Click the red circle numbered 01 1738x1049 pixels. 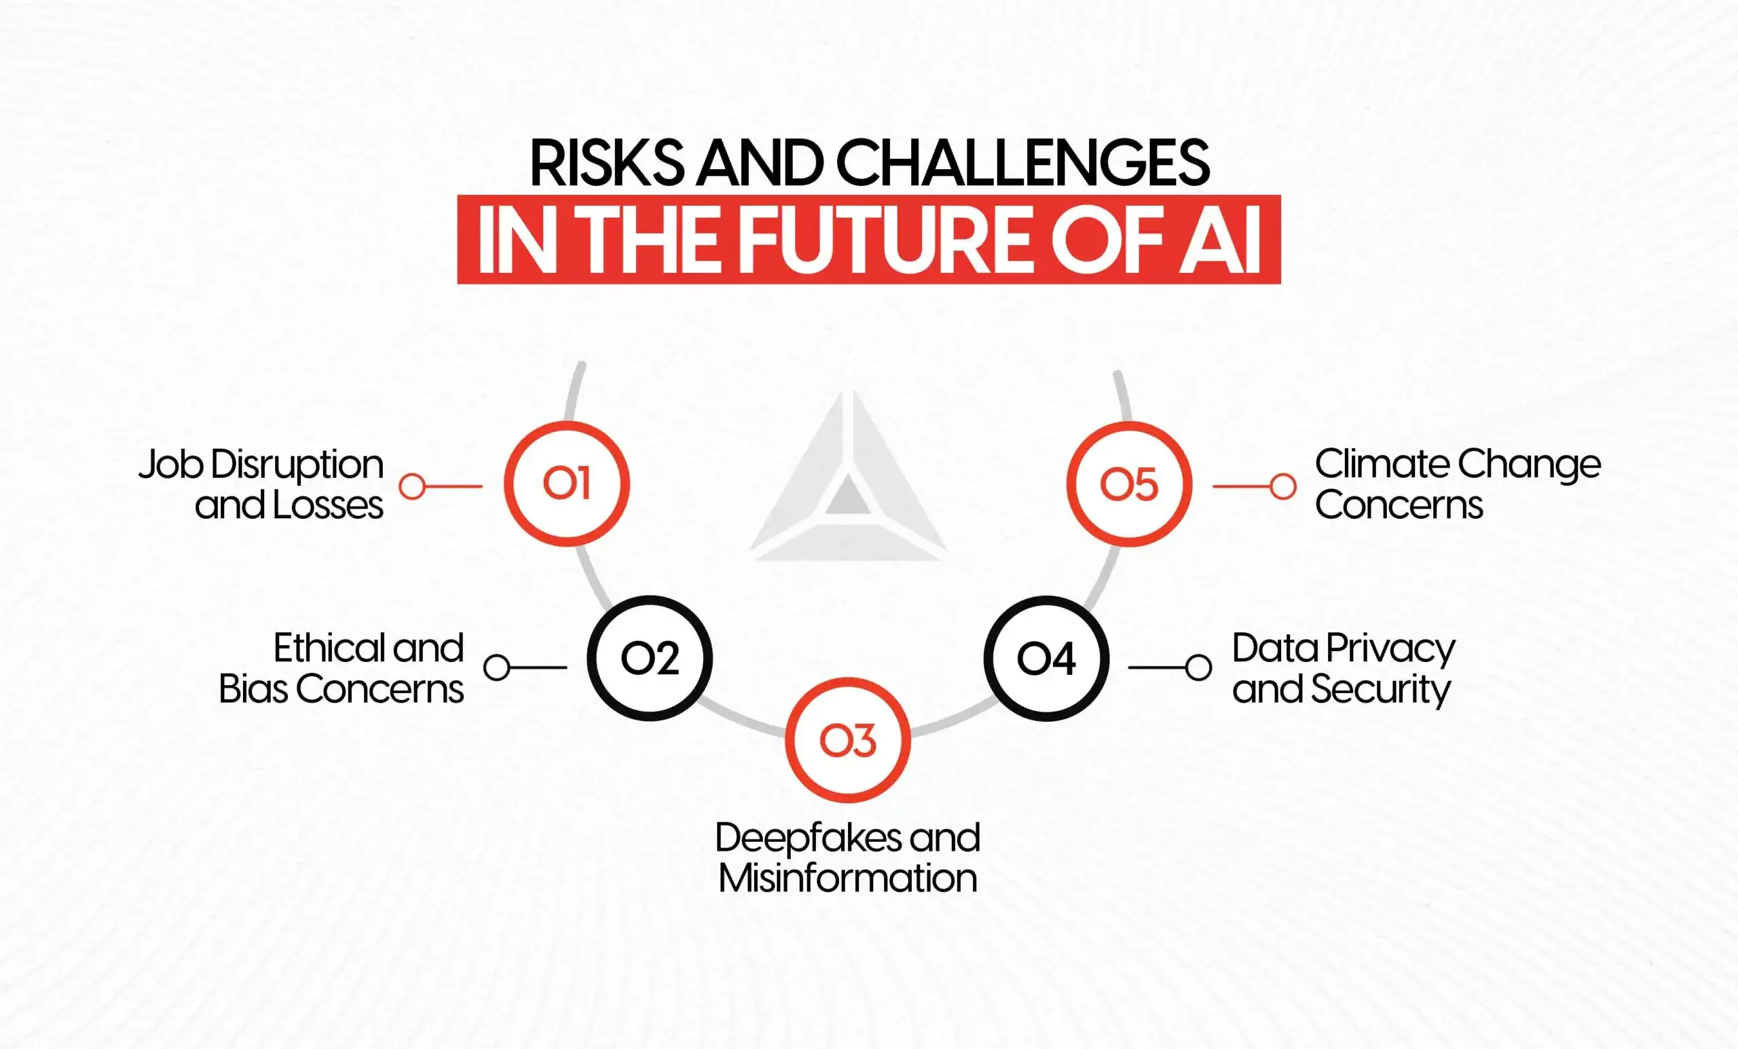click(x=566, y=484)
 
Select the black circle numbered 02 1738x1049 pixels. click(x=650, y=658)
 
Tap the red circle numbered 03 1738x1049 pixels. click(x=848, y=740)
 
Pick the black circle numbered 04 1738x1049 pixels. click(x=1046, y=658)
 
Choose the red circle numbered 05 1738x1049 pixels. click(x=1128, y=484)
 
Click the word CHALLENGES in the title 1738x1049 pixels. click(x=1022, y=164)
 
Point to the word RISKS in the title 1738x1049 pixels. click(x=607, y=164)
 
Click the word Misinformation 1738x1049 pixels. click(x=848, y=879)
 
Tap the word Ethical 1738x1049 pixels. click(x=328, y=648)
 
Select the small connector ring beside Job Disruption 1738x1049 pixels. click(x=412, y=486)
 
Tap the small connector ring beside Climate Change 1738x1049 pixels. click(x=1282, y=486)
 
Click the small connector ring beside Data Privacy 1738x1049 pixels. click(x=1198, y=667)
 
